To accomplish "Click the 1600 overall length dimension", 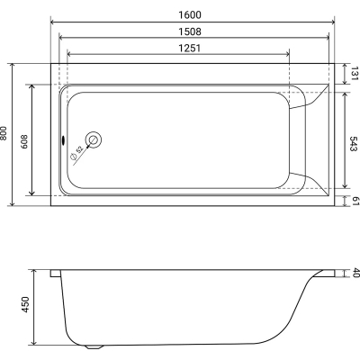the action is click(x=190, y=14).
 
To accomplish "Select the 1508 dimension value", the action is click(x=190, y=31).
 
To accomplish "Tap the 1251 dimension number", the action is click(x=189, y=48).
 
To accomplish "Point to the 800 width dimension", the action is click(x=4, y=133).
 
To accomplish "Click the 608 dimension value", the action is click(x=24, y=141).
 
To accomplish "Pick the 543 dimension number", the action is click(x=354, y=144).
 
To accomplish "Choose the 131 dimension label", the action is click(x=355, y=74).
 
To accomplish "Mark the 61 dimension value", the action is click(x=355, y=201).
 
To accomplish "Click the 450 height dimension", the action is click(x=25, y=304).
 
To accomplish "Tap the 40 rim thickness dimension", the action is click(x=355, y=273).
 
